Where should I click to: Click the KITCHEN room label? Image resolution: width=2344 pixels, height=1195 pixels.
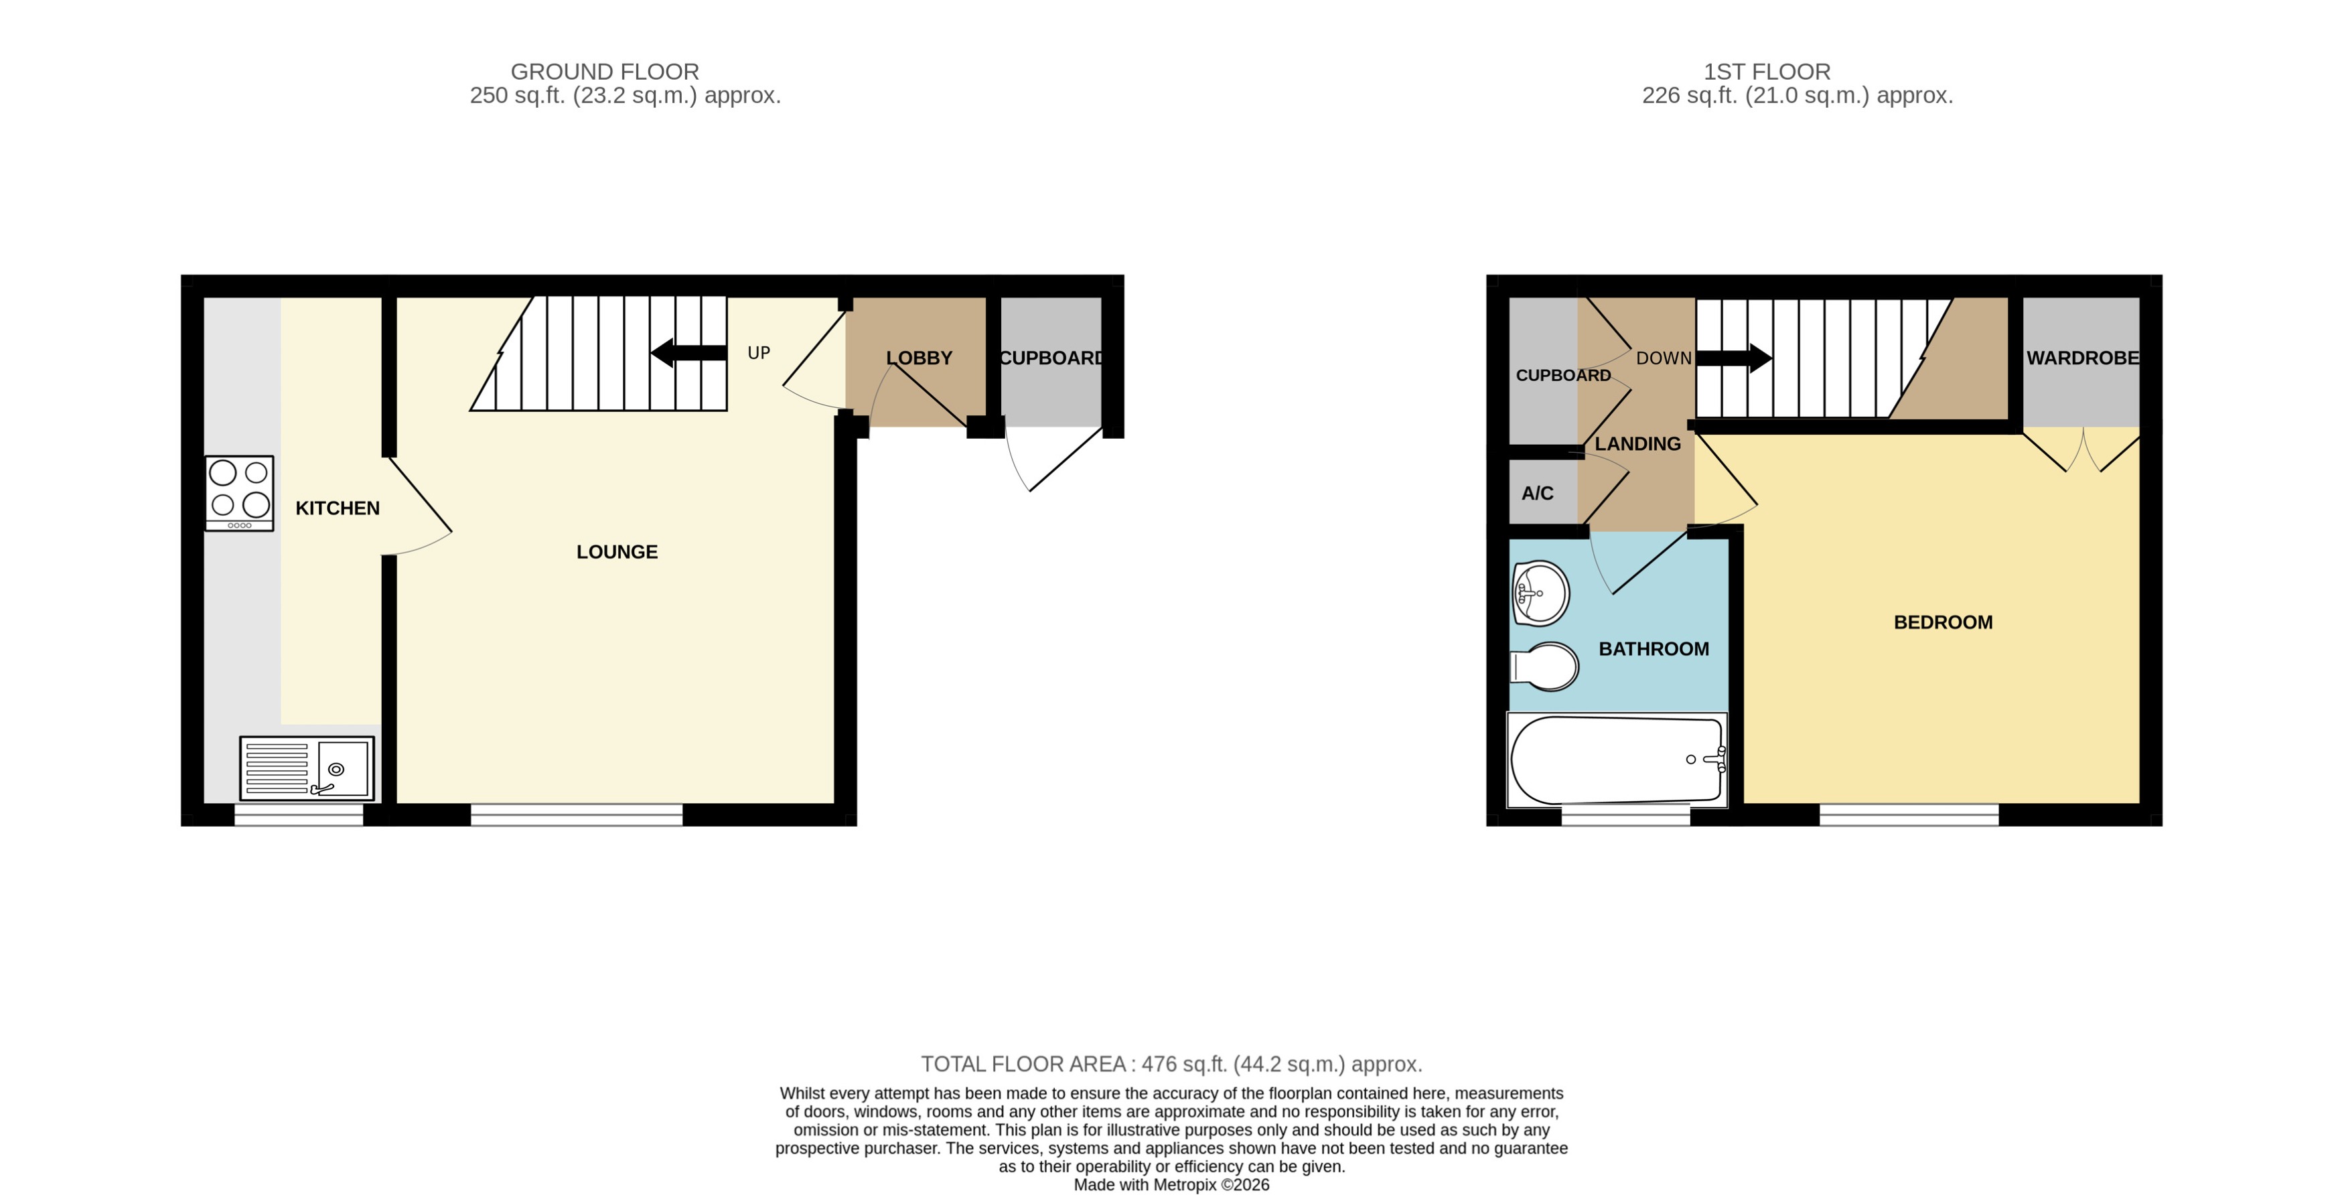[x=337, y=508]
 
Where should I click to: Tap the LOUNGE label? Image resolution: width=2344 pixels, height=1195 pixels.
[x=616, y=551]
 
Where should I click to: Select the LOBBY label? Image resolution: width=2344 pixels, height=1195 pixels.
[x=919, y=358]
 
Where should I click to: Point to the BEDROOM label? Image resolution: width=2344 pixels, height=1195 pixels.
[x=1943, y=622]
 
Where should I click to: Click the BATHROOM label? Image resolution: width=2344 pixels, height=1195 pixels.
[x=1654, y=649]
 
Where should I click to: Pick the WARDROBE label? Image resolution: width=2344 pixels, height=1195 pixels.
[x=2082, y=358]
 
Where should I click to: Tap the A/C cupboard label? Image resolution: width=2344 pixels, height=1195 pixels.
[x=1537, y=493]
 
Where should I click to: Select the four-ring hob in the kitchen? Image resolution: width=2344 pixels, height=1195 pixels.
[x=239, y=492]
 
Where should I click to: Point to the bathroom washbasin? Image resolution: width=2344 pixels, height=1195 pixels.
[x=1540, y=593]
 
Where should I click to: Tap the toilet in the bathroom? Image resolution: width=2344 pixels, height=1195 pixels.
[x=1545, y=667]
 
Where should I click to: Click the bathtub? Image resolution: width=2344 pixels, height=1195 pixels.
[x=1616, y=760]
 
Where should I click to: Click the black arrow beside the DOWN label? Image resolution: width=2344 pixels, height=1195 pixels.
[x=1733, y=358]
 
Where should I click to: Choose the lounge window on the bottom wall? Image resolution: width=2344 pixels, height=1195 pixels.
[x=576, y=815]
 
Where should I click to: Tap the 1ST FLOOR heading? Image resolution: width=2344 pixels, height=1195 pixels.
[x=1766, y=71]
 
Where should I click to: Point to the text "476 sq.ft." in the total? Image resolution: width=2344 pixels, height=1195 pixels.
[x=1183, y=1064]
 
